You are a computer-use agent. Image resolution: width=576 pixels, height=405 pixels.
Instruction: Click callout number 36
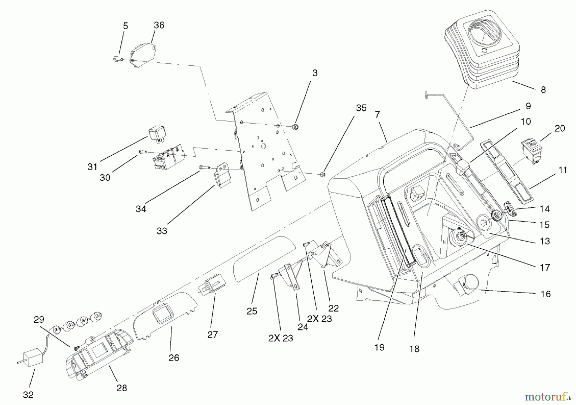pos(159,25)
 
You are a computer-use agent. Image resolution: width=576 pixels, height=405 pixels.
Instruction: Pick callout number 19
pos(379,347)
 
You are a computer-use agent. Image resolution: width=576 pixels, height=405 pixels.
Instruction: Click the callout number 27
pos(212,335)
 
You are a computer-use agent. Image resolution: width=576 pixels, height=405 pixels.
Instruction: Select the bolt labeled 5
pos(117,59)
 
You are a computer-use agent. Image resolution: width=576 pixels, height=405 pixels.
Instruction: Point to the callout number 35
pos(361,108)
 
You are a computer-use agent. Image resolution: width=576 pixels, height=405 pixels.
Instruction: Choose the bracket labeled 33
pos(223,176)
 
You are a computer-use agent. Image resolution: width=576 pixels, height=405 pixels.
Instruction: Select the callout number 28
pos(122,388)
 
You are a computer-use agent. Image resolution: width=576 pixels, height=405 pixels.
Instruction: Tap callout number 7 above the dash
pos(378,114)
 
